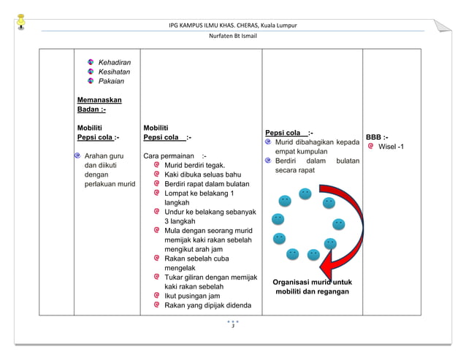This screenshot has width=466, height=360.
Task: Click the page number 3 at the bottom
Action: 232,326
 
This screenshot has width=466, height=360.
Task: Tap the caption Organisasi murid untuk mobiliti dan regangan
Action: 312,286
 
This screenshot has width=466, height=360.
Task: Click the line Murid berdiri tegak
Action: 194,166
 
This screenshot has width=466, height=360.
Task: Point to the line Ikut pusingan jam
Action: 192,296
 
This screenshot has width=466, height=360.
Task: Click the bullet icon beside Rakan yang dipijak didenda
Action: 157,305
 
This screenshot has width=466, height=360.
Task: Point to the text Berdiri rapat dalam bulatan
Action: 207,185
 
